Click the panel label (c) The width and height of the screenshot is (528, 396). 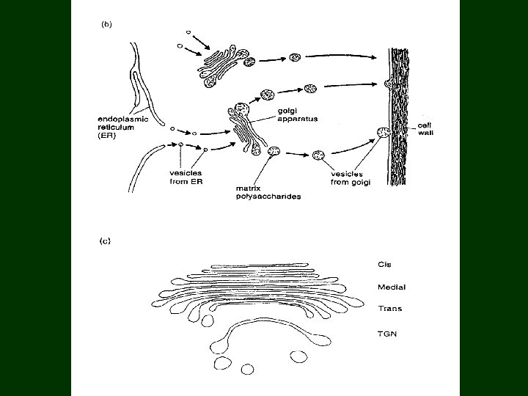tap(105, 241)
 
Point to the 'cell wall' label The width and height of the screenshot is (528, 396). tap(425, 128)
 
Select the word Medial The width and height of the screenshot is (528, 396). tap(381, 287)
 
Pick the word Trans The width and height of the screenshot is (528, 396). tap(379, 309)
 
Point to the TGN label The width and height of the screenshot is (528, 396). tap(377, 334)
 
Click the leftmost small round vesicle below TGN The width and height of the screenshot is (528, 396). tap(221, 364)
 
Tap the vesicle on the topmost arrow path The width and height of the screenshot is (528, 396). tap(296, 57)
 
